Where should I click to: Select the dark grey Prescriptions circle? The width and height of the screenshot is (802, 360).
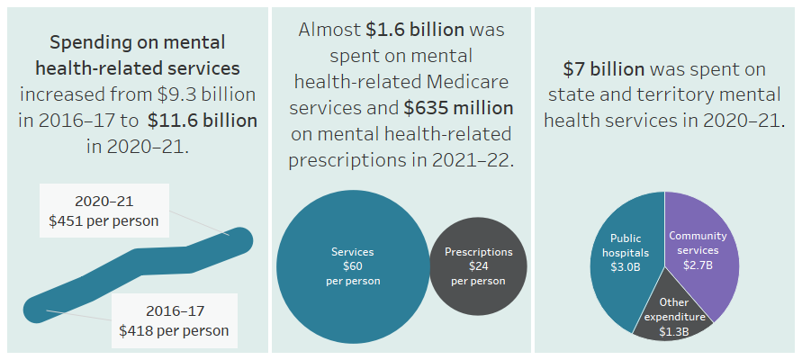click(x=478, y=288)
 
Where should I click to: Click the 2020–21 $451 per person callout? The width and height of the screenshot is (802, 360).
click(x=104, y=211)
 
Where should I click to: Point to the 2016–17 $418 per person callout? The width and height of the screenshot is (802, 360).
click(x=174, y=320)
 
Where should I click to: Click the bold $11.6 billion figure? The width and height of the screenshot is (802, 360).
click(x=203, y=120)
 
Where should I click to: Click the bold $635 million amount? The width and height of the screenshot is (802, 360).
click(x=459, y=108)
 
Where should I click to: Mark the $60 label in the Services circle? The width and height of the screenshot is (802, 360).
click(x=352, y=266)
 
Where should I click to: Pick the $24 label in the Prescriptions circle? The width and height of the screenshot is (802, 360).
click(x=478, y=266)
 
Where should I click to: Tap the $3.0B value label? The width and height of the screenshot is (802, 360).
click(x=626, y=266)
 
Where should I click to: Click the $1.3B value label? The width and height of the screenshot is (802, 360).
click(x=673, y=332)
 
